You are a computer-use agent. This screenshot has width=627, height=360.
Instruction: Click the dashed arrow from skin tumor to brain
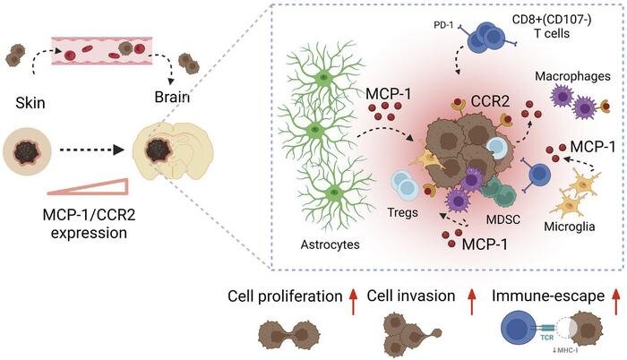coord(94,150)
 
